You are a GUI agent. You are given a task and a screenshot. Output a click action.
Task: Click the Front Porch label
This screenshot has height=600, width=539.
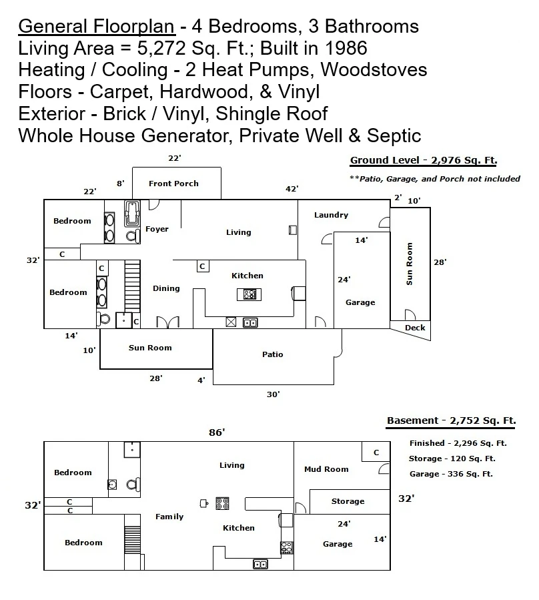(173, 184)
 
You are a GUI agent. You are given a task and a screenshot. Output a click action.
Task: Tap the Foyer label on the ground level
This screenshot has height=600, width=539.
(157, 229)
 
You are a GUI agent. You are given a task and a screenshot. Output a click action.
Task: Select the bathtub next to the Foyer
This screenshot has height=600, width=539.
(132, 214)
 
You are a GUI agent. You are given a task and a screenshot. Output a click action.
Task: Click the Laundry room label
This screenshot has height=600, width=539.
(332, 215)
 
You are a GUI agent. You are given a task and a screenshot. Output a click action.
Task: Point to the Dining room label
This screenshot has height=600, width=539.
(166, 288)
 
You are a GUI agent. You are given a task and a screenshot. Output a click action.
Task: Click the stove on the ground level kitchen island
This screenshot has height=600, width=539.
(249, 294)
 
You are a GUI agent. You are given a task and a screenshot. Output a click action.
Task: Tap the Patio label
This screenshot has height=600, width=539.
(273, 354)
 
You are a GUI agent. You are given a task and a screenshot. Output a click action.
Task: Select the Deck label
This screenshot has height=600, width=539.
(415, 328)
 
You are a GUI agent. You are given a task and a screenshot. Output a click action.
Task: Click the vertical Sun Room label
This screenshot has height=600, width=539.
(410, 264)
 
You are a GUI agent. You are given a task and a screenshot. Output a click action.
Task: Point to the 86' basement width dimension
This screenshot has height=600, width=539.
(217, 432)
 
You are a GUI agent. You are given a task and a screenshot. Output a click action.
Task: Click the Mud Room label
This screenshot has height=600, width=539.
(326, 469)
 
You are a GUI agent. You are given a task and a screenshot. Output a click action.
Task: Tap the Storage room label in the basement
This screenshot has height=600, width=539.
(348, 501)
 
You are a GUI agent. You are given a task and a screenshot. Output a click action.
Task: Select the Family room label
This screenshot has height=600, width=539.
(169, 517)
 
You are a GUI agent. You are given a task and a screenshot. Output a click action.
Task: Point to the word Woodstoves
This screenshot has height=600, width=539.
(374, 70)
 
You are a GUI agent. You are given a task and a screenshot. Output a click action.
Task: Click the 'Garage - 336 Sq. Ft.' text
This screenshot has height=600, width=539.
(451, 474)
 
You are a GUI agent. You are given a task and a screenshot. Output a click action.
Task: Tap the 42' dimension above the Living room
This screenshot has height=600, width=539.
(292, 189)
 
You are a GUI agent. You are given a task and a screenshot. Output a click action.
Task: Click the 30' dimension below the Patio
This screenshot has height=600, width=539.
(273, 394)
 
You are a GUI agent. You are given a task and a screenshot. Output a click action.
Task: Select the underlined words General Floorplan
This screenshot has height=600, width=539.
(97, 27)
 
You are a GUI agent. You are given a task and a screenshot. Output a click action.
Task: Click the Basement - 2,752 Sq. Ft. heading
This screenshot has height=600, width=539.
(452, 420)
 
